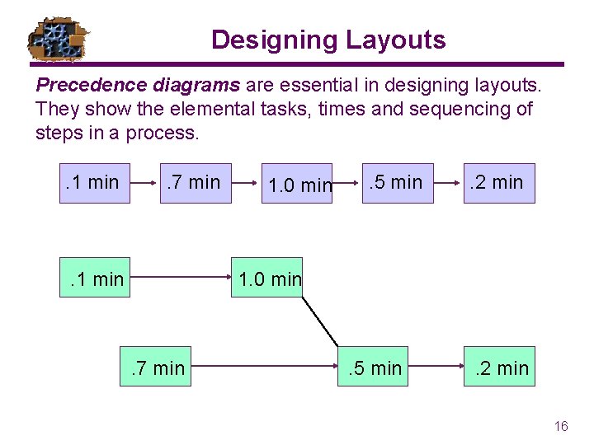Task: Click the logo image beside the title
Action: click(59, 39)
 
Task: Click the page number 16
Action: click(561, 426)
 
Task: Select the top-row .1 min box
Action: click(94, 183)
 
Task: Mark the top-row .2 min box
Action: click(498, 183)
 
